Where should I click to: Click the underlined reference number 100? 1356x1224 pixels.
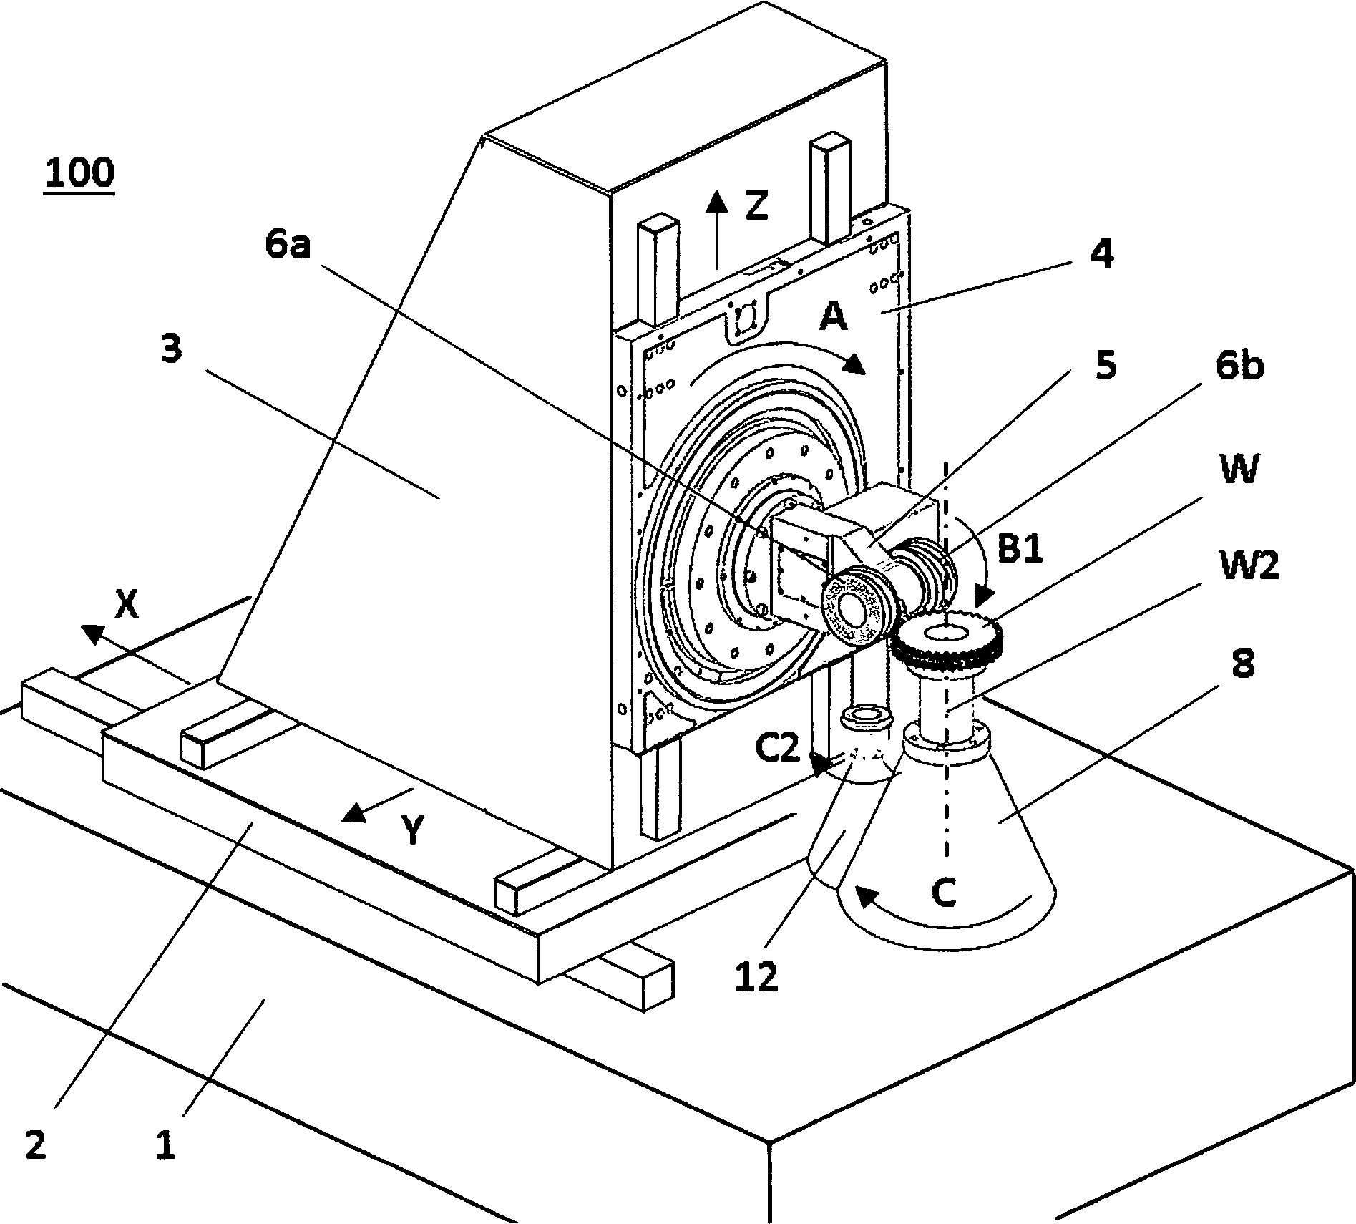coord(79,173)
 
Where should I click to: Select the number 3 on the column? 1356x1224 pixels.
coord(171,350)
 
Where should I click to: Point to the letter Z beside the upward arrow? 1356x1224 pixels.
coord(756,205)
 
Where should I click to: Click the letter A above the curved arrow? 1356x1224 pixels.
coord(833,316)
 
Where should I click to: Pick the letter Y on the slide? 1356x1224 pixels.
coord(411,831)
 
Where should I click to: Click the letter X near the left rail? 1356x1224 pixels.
coord(127,606)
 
